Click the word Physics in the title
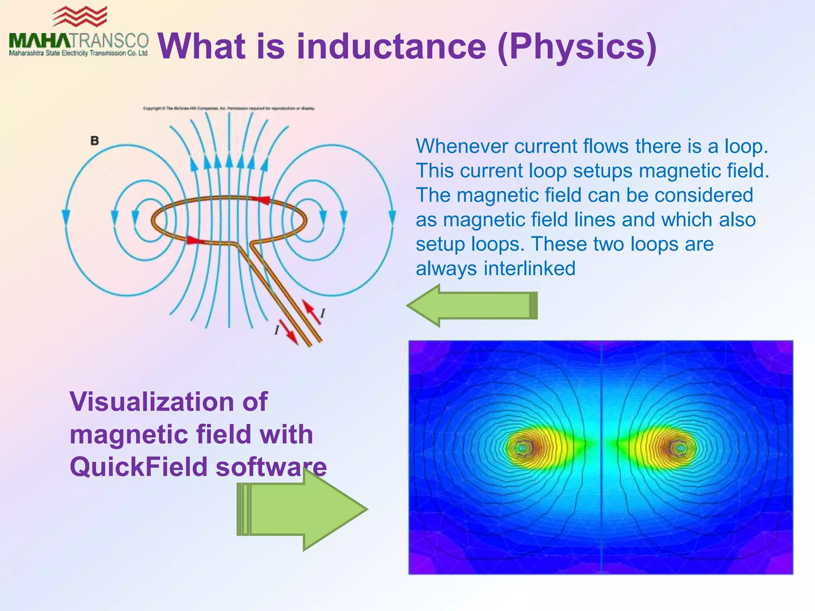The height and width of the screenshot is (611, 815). pos(577,47)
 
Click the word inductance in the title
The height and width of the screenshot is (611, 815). pos(391,47)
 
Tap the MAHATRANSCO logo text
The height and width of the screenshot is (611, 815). pos(78,41)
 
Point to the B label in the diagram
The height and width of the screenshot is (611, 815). pos(94,140)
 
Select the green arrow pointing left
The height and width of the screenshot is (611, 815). pos(472,305)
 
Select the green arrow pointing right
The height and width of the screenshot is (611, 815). pos(302,509)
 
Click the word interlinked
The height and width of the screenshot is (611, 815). pos(529,269)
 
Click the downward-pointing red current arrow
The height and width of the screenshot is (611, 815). pos(289,333)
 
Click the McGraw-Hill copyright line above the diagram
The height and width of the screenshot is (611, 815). pos(229,108)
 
